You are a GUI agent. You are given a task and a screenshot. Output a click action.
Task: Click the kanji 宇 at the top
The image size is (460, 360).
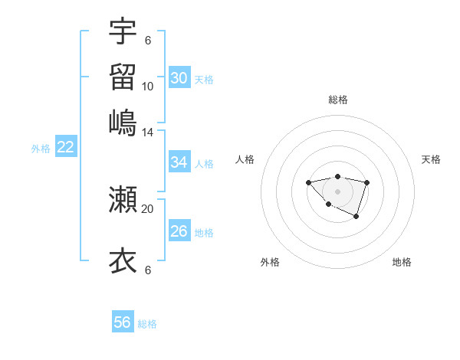(x=123, y=31)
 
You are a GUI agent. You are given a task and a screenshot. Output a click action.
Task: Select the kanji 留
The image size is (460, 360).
(x=123, y=77)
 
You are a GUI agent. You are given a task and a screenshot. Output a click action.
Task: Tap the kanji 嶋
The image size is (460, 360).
(x=123, y=123)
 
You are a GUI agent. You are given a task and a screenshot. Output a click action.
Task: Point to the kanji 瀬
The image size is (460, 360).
(x=123, y=200)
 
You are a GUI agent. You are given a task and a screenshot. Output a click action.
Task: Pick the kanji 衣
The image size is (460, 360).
(x=123, y=260)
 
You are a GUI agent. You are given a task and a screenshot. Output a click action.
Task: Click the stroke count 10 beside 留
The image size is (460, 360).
(x=148, y=86)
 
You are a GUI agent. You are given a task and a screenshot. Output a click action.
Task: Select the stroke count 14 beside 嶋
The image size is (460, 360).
(x=148, y=132)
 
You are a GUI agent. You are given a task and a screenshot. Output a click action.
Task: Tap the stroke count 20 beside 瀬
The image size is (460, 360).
(x=148, y=208)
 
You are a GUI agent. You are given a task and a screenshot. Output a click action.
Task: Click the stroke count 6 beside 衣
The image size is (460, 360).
(x=148, y=270)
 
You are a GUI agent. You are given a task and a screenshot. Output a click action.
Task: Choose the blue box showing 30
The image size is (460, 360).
(x=179, y=78)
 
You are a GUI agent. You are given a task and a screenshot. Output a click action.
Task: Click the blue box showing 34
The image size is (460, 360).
(x=179, y=162)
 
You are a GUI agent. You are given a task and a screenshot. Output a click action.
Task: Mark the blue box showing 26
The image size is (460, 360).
(x=179, y=231)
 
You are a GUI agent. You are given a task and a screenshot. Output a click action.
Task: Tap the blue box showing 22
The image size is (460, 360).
(x=65, y=148)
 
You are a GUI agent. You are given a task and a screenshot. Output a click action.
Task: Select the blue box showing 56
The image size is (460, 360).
(x=123, y=322)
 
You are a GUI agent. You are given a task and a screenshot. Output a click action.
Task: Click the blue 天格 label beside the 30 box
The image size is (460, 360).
(x=204, y=80)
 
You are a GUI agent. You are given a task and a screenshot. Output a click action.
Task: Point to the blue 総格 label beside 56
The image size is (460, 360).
(x=147, y=324)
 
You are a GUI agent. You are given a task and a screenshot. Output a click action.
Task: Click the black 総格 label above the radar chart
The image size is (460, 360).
(x=337, y=100)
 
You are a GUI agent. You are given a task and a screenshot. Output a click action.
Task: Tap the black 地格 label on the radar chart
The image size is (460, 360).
(x=402, y=263)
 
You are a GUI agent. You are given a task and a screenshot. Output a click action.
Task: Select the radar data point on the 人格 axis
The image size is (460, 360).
(x=308, y=182)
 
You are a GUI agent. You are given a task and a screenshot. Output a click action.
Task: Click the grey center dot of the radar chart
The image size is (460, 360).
(x=337, y=191)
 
